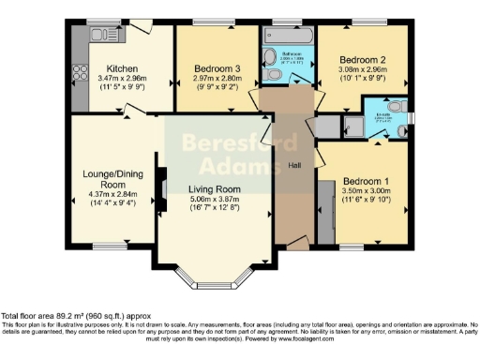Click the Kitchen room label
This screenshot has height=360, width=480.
pos(124,68)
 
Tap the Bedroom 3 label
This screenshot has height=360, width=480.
pos(217,69)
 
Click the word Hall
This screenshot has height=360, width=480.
pos(293,165)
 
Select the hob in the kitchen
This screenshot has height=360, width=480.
pos(80,71)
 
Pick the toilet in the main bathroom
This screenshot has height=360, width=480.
pos(272,73)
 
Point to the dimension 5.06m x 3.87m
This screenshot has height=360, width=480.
pos(215,199)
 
